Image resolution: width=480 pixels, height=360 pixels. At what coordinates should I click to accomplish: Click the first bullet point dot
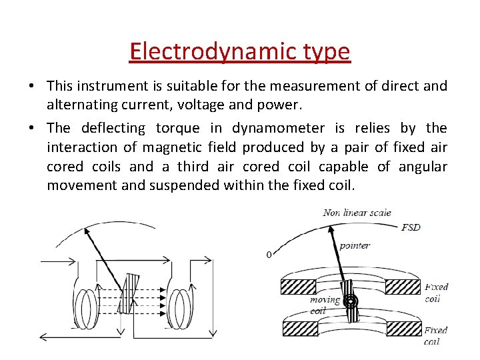33,87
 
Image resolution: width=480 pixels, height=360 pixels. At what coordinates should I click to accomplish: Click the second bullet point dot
33,129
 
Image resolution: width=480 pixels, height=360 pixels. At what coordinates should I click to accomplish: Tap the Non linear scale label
357,213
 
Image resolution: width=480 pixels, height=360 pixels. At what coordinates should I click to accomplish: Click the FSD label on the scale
411,227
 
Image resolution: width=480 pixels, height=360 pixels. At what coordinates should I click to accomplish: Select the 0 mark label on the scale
269,255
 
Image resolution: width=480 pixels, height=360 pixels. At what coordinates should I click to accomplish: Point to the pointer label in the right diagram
354,245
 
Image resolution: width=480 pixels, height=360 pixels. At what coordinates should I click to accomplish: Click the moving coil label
325,305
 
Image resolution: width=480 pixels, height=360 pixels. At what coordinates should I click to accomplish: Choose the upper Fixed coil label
437,292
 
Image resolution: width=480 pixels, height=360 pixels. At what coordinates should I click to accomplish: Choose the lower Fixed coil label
436,335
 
